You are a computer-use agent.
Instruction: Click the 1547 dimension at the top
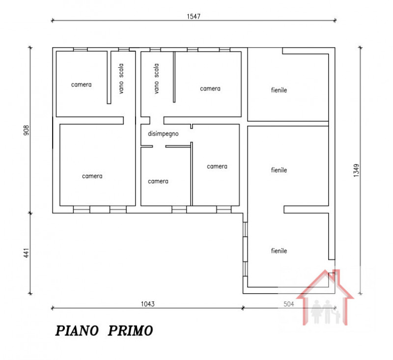(194, 16)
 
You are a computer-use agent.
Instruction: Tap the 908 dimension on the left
(27, 130)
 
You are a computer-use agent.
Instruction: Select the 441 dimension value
(27, 253)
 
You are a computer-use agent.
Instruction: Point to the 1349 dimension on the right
(356, 170)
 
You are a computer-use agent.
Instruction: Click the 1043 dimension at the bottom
(148, 304)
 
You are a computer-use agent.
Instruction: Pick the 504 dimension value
(289, 304)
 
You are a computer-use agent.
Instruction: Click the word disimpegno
(163, 134)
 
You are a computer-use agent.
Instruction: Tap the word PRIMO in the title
(130, 331)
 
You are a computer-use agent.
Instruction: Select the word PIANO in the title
(77, 331)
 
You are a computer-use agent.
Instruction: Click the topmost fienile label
(279, 90)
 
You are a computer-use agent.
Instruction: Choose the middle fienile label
(279, 170)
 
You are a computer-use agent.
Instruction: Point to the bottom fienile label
(279, 251)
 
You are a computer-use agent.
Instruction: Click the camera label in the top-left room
(81, 84)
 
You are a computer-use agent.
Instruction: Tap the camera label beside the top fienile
(210, 89)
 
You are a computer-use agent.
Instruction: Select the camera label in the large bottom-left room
(92, 176)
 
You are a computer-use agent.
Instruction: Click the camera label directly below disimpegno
(158, 181)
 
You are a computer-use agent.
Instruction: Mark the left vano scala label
(121, 79)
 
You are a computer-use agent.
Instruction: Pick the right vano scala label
(156, 79)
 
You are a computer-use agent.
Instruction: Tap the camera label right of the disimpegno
(217, 166)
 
